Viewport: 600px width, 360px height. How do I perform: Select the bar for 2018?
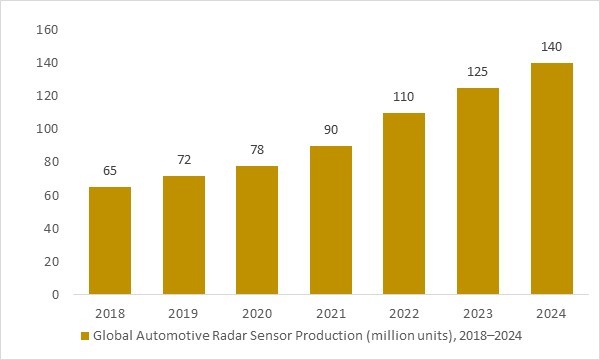coord(110,240)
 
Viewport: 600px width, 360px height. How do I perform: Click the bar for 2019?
coord(184,235)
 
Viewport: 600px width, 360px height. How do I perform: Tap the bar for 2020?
coord(257,230)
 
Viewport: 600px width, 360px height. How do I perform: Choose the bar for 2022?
coord(405,204)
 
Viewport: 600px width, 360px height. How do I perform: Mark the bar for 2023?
coord(478,191)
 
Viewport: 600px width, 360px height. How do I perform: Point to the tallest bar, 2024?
coord(552,179)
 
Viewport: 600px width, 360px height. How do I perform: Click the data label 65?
coord(110,172)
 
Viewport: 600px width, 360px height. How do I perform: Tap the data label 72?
coord(184,160)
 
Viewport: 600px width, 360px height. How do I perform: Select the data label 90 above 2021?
coord(331,131)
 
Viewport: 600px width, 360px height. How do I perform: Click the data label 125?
coord(478,73)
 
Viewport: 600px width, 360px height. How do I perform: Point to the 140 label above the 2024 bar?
coord(552,48)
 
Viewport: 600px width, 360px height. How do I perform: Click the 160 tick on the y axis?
coord(48,30)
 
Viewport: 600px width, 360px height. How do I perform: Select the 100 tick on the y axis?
coord(48,129)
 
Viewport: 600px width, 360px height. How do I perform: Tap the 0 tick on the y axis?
coord(55,295)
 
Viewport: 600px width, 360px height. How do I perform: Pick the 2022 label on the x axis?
coord(405,313)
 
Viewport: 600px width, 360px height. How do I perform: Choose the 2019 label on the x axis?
coord(184,313)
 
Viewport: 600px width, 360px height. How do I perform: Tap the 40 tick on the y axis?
coord(51,229)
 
